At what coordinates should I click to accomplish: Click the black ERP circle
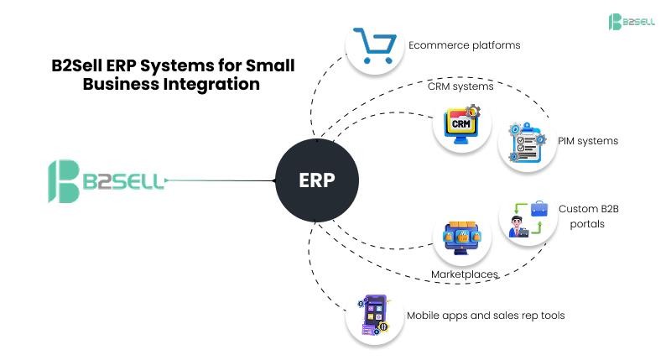click(x=316, y=180)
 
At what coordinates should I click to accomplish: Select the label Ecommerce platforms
click(x=464, y=44)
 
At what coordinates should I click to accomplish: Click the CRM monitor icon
click(x=461, y=126)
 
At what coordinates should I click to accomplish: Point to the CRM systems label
click(x=460, y=86)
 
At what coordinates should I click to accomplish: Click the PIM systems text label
click(x=588, y=141)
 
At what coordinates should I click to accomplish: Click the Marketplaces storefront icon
click(x=461, y=239)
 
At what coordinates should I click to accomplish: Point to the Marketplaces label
click(x=464, y=274)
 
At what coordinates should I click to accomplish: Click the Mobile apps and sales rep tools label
click(x=486, y=316)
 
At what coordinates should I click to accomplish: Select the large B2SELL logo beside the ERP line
click(x=105, y=180)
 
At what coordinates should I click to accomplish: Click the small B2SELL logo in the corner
click(x=632, y=22)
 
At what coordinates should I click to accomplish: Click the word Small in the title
click(x=270, y=65)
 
